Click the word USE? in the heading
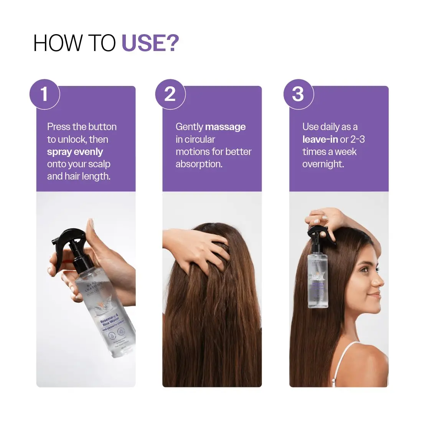coord(150,43)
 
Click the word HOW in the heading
coord(58,43)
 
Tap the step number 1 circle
coord(45,94)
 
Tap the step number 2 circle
coord(170,94)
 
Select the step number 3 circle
coord(298,94)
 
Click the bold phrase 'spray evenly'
coord(75,152)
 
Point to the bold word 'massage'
coord(225,127)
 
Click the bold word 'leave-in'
coord(320,139)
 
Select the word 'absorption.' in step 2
coord(199,164)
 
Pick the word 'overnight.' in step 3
coord(323,164)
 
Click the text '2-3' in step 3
coord(358,139)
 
